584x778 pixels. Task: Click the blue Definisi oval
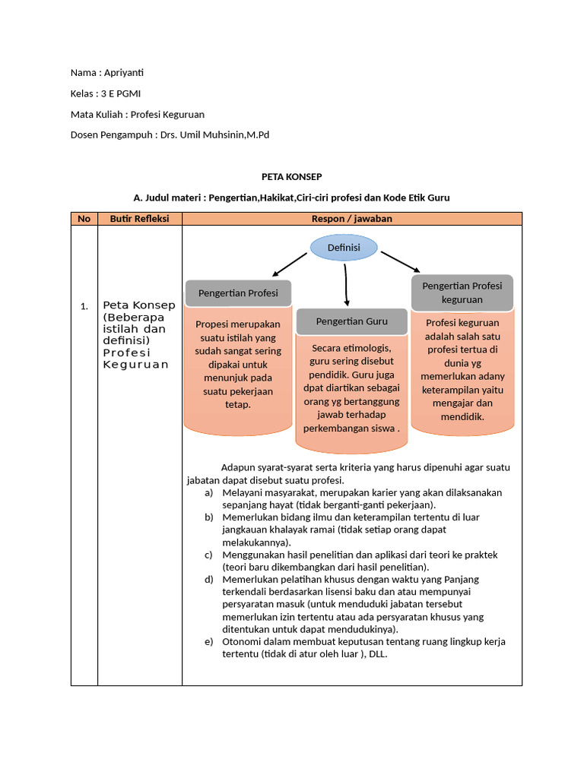click(x=344, y=247)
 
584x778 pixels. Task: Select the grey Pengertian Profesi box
click(x=238, y=293)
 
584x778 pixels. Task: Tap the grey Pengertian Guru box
click(x=351, y=321)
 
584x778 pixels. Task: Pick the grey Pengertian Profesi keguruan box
click(x=462, y=293)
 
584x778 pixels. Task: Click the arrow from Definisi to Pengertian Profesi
click(x=290, y=263)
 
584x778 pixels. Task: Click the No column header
click(x=84, y=219)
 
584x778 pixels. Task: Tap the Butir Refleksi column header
click(x=139, y=219)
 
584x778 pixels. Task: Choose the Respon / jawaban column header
click(x=351, y=219)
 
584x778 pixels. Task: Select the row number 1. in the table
click(x=84, y=306)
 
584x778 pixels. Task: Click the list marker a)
click(x=208, y=493)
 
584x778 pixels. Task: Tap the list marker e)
click(x=208, y=642)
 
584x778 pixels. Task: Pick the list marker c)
click(x=208, y=555)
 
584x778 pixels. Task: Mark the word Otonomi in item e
click(x=240, y=642)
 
